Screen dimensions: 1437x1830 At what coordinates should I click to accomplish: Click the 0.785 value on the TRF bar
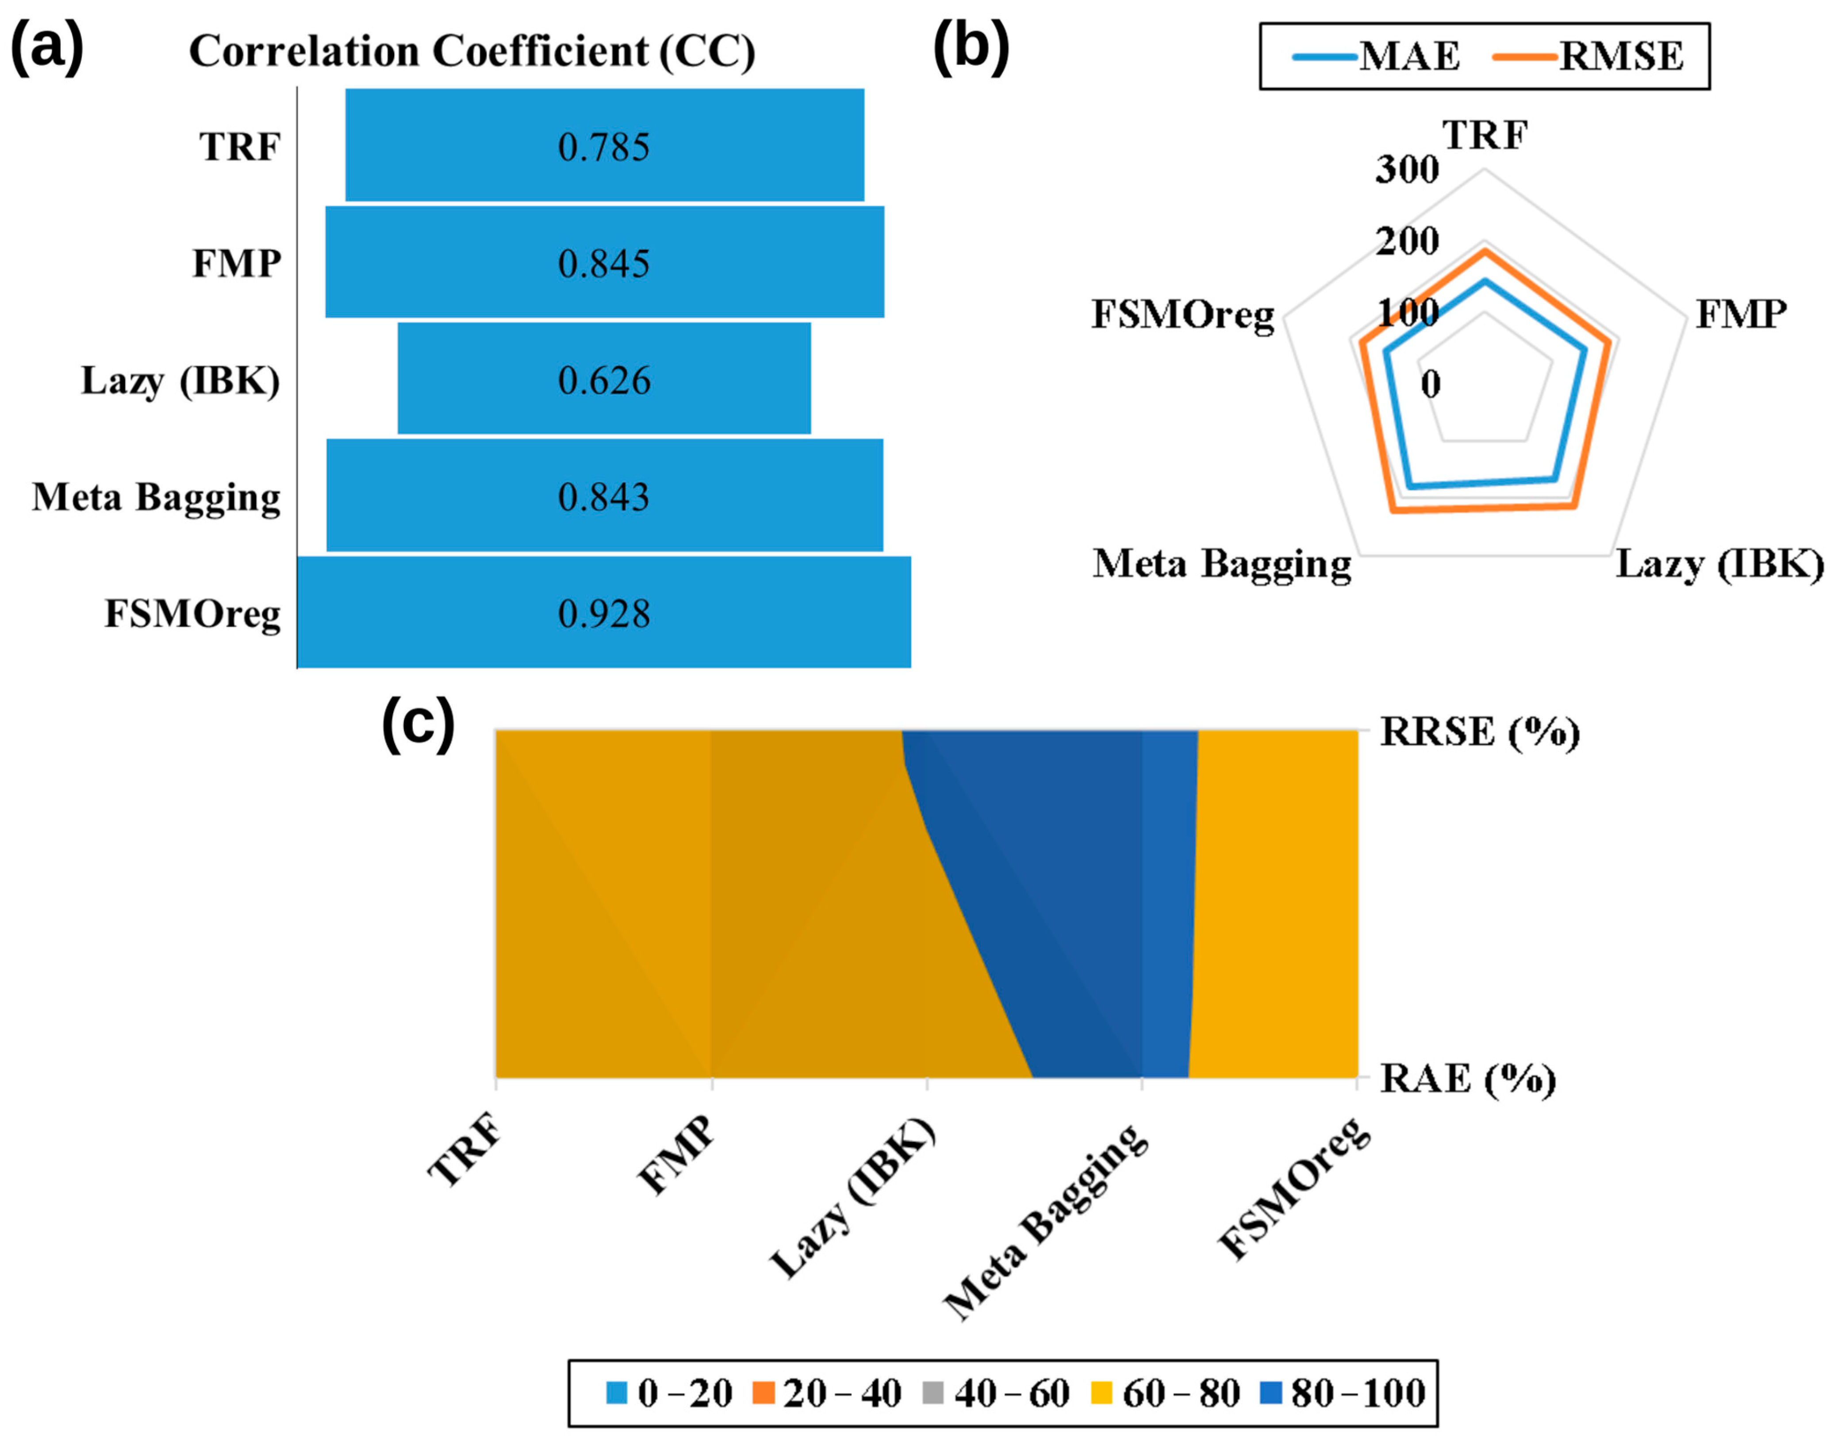[603, 147]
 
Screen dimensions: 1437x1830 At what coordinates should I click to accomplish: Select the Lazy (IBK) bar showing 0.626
[603, 379]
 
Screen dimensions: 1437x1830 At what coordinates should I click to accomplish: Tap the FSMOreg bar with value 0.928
[603, 613]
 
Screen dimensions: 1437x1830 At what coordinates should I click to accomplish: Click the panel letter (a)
[47, 49]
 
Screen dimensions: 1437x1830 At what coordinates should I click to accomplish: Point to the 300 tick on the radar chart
[1407, 169]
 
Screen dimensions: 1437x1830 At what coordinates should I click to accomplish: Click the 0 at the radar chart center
[1430, 385]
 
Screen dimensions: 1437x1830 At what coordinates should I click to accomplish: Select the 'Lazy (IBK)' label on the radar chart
[1719, 564]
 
